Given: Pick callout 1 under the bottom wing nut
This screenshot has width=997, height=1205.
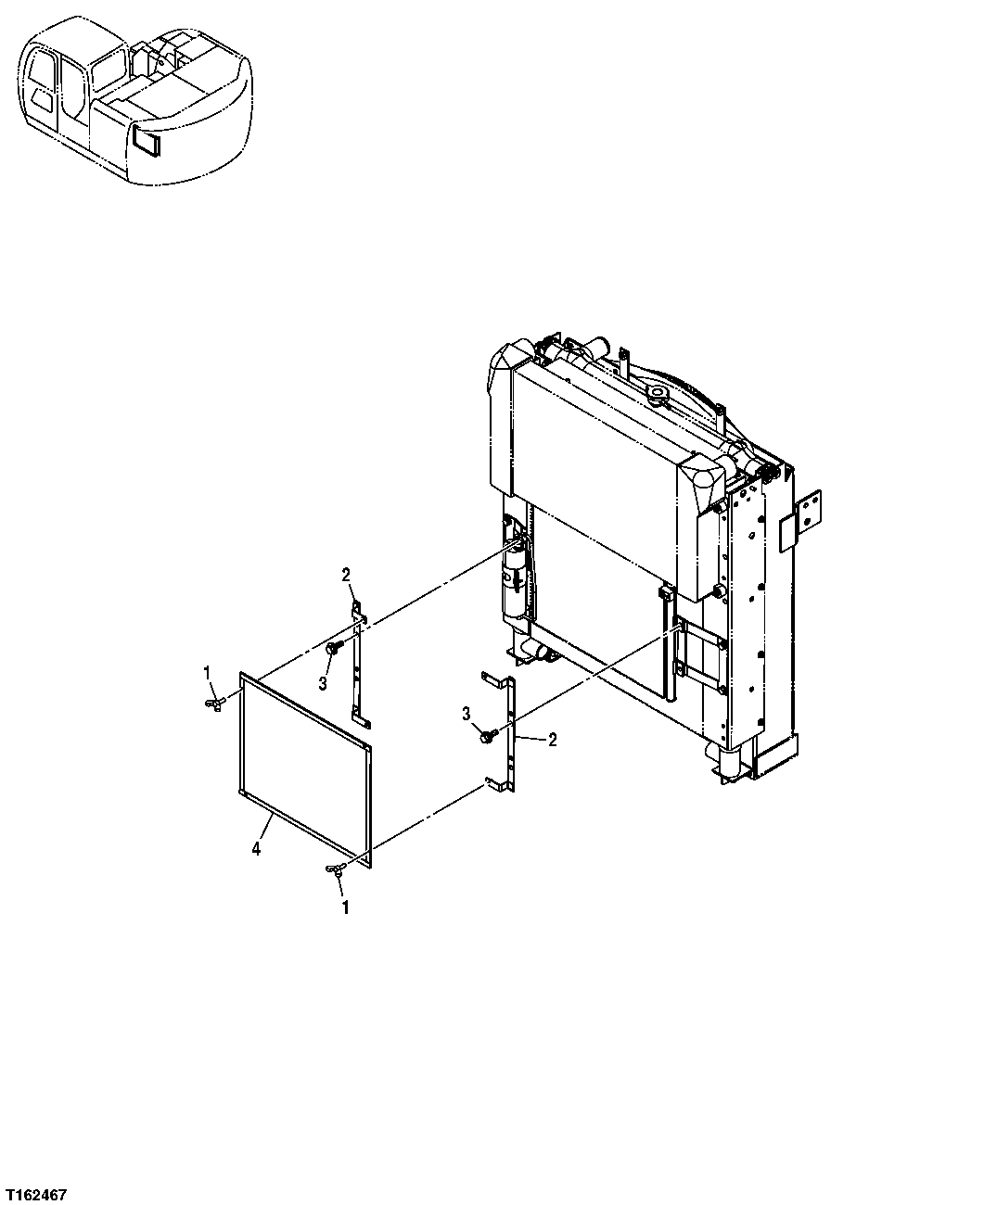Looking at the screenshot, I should pyautogui.click(x=346, y=908).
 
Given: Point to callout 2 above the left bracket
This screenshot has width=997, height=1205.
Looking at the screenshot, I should pyautogui.click(x=346, y=576).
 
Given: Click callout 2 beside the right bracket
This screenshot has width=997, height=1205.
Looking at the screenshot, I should pyautogui.click(x=552, y=740).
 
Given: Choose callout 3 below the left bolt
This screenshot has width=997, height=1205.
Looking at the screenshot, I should pyautogui.click(x=324, y=683).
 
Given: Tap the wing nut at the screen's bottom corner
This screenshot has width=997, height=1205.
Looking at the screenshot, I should pyautogui.click(x=334, y=869).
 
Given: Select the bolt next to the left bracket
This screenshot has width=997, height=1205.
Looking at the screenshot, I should pyautogui.click(x=334, y=650).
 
